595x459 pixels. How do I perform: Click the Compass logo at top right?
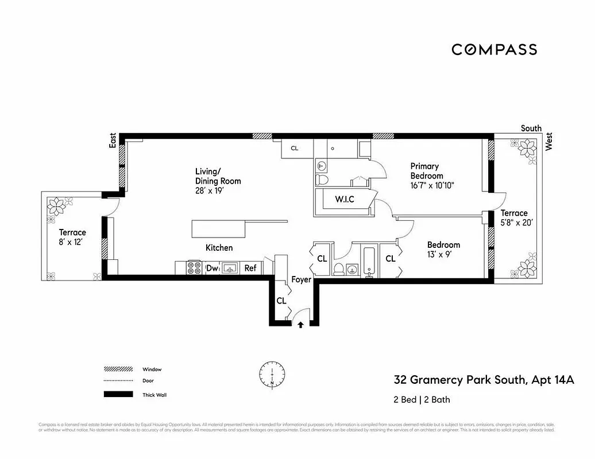[494, 49]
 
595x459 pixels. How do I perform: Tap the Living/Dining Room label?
[218, 176]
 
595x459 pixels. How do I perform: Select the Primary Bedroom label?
[426, 171]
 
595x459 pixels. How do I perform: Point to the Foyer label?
[301, 279]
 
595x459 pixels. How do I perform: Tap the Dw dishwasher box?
[211, 268]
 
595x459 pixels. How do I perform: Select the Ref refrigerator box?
[250, 268]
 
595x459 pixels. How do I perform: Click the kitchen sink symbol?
[230, 268]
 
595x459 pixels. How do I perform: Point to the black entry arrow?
[300, 325]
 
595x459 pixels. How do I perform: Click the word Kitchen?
[219, 248]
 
